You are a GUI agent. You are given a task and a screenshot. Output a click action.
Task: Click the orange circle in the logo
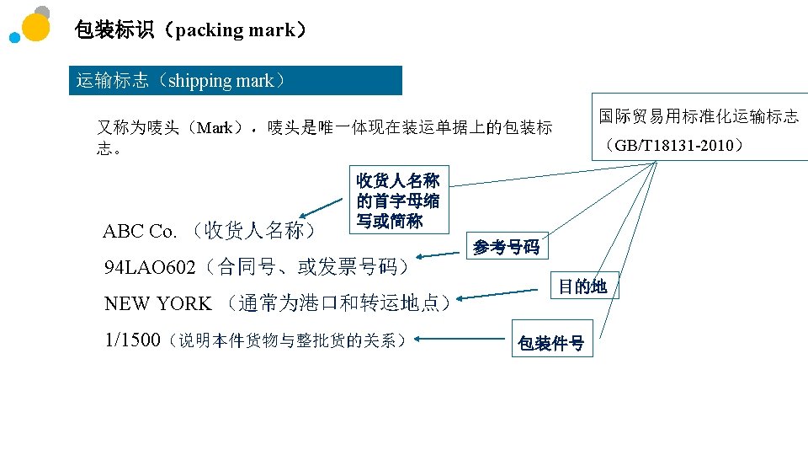tap(35, 27)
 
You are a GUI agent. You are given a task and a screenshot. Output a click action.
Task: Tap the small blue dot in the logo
tap(14, 38)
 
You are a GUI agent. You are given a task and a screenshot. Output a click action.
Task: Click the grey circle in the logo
tap(42, 12)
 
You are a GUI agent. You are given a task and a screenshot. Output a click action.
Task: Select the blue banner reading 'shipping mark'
tap(235, 81)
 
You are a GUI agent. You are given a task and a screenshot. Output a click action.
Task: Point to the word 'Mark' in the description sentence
tap(215, 128)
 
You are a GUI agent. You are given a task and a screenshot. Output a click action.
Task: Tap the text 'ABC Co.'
tap(140, 231)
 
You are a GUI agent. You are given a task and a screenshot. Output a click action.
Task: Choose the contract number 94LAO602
tap(150, 268)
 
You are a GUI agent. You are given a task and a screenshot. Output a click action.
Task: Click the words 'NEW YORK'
tap(157, 303)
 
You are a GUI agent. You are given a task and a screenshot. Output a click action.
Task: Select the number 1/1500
tap(132, 340)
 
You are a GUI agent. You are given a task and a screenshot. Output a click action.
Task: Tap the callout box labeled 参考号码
tap(506, 247)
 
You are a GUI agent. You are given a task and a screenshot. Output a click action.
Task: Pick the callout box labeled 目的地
tap(583, 286)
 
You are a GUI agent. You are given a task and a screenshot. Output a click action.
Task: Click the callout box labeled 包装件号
tap(550, 343)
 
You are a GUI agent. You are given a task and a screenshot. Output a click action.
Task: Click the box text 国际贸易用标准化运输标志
tap(699, 116)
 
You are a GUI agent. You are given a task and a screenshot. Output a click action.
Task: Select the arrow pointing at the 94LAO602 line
tap(439, 254)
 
